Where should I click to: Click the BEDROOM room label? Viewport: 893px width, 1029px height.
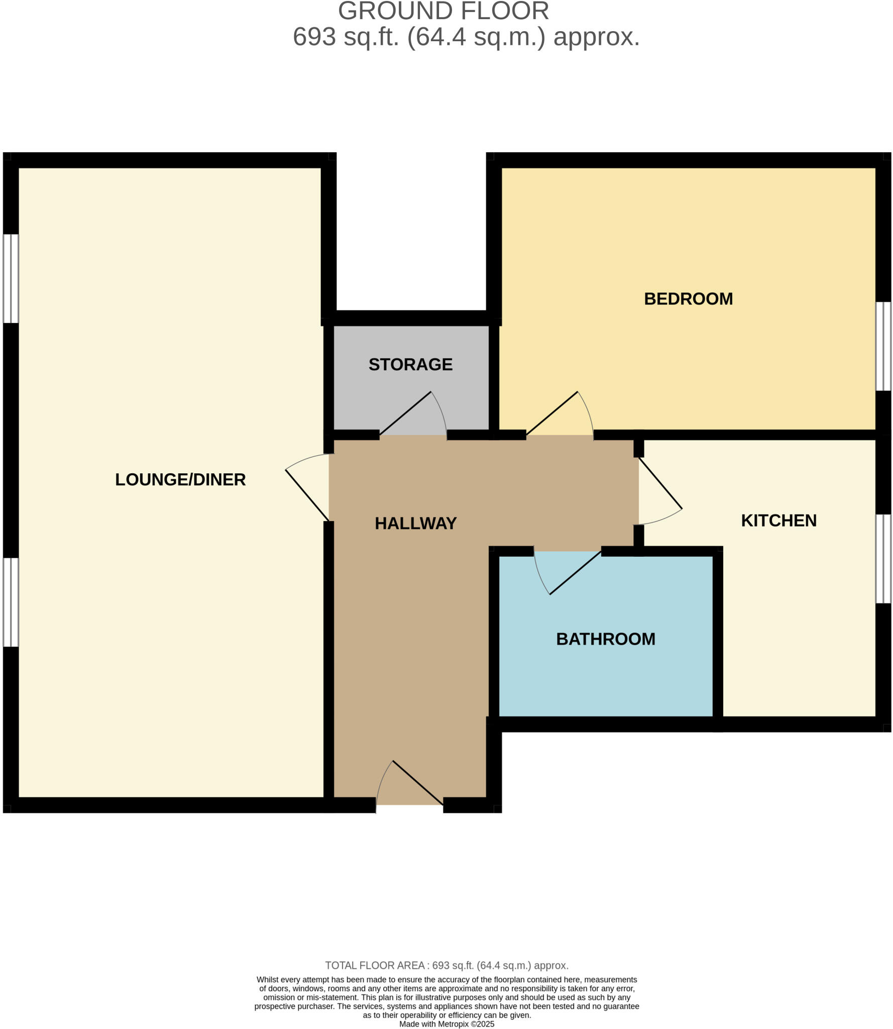tap(688, 299)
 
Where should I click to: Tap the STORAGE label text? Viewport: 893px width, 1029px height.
tap(410, 364)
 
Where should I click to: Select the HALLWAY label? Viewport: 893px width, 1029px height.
tap(415, 524)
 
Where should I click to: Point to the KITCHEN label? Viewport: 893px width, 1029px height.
tap(778, 521)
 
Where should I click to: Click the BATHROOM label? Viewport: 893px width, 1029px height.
tap(605, 639)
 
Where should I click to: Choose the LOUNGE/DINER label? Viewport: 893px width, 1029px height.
tap(180, 479)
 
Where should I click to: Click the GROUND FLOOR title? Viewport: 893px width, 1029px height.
tap(443, 11)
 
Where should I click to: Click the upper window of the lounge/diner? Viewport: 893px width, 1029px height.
tap(11, 278)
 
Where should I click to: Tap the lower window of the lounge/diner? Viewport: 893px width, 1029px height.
tap(11, 602)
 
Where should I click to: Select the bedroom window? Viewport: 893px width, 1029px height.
tap(883, 346)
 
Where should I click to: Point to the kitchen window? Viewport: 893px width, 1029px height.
tap(883, 558)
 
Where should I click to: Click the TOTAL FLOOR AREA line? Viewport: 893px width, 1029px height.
tap(447, 965)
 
